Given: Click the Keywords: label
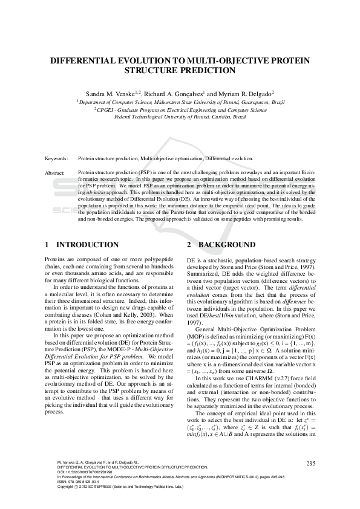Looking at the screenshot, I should tap(56, 158).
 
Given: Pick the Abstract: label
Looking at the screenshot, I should tap(55, 173).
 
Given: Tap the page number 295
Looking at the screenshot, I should tap(311, 464).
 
